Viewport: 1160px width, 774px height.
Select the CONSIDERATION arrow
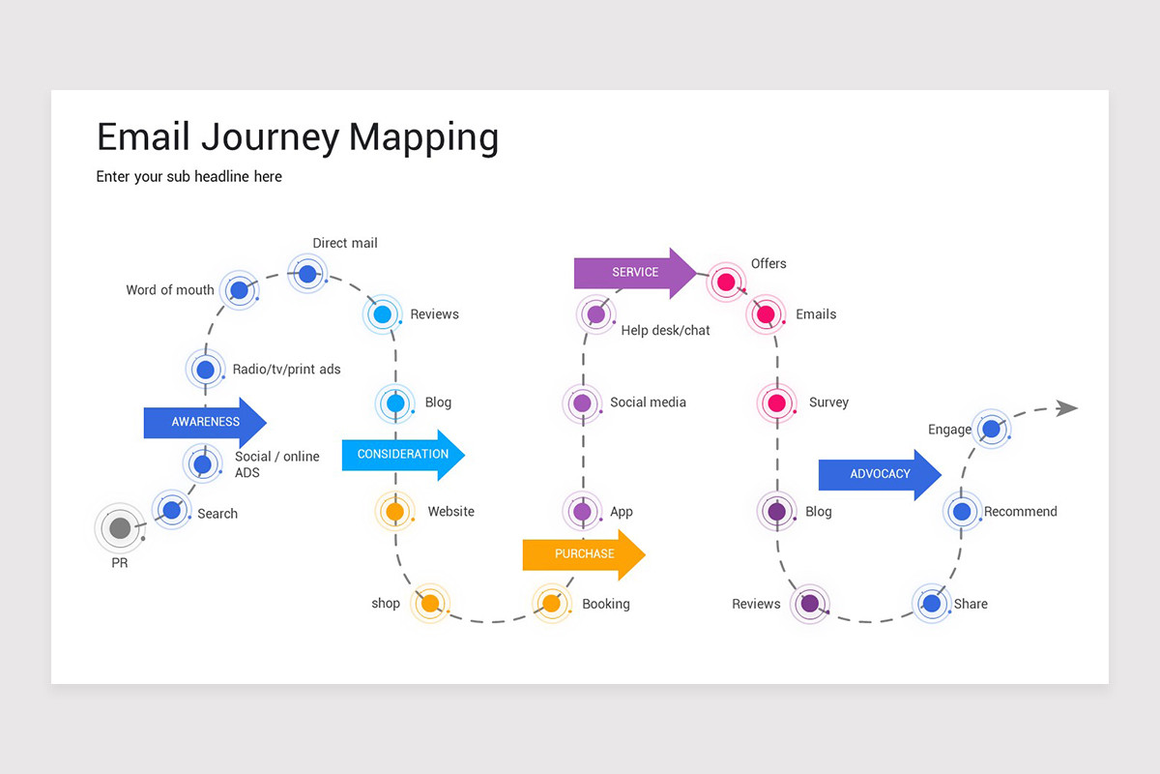pos(402,455)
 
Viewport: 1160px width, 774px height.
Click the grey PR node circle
pos(120,528)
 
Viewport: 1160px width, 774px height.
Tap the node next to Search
pos(172,509)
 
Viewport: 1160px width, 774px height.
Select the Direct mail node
pos(307,274)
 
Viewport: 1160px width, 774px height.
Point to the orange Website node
pos(394,511)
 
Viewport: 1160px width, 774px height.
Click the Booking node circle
pos(551,604)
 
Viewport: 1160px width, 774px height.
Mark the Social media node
pos(582,402)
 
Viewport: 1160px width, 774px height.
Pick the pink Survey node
pos(776,402)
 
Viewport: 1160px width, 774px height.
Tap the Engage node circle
pos(991,428)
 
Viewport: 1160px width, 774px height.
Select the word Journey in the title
pos(271,137)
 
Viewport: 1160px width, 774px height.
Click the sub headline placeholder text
pos(189,177)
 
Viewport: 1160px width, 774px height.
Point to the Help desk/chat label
pos(665,331)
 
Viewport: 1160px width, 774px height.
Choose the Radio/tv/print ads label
pos(286,370)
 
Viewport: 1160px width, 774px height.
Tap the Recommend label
pos(1020,512)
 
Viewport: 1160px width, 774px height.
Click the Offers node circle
pos(726,283)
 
